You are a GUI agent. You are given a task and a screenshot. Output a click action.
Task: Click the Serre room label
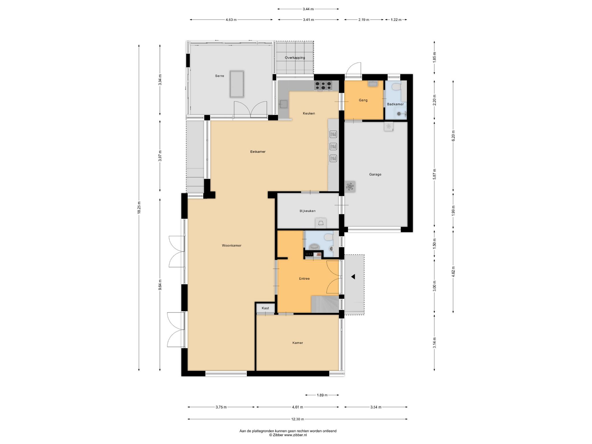[219, 76]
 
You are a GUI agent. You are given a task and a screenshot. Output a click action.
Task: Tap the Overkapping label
[295, 58]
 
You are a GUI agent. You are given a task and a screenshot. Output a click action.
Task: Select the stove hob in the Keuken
[323, 85]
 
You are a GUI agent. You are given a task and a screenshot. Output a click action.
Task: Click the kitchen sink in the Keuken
[283, 104]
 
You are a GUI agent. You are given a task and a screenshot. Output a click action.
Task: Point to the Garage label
[375, 174]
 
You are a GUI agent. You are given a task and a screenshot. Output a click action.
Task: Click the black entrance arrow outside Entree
[353, 277]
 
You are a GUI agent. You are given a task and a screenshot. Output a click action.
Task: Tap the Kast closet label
[265, 308]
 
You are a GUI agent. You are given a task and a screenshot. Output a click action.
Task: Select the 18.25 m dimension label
[139, 207]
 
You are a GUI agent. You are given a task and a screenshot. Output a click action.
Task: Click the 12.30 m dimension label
[298, 419]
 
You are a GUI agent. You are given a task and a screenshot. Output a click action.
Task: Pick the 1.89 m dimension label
[322, 395]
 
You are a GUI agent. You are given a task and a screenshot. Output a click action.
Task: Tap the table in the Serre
[237, 84]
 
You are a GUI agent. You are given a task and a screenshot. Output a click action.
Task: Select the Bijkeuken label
[308, 211]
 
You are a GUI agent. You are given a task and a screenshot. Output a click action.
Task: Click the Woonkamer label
[232, 246]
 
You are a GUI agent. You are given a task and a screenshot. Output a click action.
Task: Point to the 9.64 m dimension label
[160, 285]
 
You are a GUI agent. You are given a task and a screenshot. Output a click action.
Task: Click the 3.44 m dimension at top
[308, 9]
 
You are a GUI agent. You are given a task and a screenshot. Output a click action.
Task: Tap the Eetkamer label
[258, 152]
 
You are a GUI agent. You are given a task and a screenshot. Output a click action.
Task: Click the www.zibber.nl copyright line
[288, 435]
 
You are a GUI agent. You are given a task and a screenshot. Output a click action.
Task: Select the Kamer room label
[298, 343]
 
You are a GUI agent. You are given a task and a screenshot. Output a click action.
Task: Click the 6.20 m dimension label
[453, 136]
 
